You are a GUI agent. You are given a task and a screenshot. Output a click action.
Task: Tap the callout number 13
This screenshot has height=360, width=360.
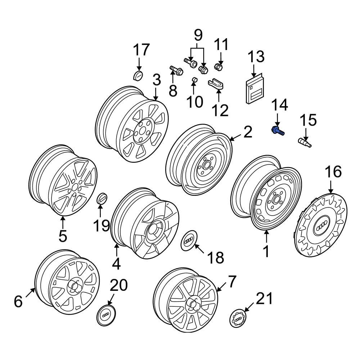coord(256,57)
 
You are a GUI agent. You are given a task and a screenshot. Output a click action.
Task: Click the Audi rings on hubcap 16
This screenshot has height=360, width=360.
coord(320,227)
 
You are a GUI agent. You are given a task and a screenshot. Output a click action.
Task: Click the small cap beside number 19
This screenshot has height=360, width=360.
coord(102,199)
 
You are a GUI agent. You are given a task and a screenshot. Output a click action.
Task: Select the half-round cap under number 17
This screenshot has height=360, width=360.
coord(138,76)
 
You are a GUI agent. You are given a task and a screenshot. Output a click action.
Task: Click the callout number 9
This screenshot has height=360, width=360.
coord(198,35)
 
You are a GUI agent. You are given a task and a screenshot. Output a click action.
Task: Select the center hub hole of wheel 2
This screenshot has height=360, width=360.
coord(206,166)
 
